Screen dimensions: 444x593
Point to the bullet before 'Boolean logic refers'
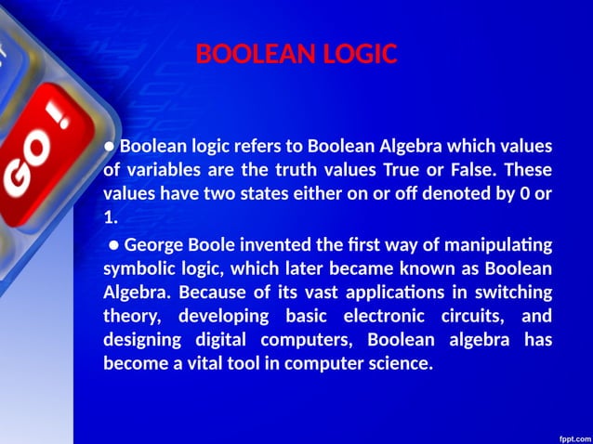[109, 147]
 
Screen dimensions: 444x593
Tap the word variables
[164, 171]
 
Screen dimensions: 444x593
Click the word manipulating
[499, 245]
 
